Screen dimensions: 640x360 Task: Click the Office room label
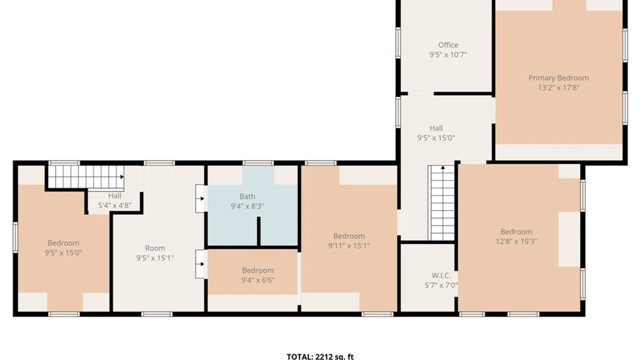448,45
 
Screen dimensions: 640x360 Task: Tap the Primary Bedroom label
559,78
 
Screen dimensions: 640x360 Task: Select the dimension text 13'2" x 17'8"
559,88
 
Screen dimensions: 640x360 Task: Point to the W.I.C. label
441,276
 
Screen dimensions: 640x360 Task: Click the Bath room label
247,197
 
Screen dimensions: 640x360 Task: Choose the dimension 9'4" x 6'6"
258,280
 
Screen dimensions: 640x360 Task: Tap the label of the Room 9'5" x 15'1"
155,248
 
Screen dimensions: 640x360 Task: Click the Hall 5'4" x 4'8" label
115,196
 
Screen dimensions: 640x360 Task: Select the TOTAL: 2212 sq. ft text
320,357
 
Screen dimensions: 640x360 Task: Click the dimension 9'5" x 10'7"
448,55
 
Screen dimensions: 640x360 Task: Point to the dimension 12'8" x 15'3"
516,241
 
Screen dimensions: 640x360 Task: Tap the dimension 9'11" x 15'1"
349,246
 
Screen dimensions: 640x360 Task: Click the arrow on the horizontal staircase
122,177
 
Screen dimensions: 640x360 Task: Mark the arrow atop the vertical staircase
443,167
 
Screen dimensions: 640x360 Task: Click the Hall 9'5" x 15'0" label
436,128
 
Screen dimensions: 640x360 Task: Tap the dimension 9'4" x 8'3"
247,206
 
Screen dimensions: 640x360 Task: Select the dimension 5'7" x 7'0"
441,285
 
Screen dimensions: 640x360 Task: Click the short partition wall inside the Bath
259,232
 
